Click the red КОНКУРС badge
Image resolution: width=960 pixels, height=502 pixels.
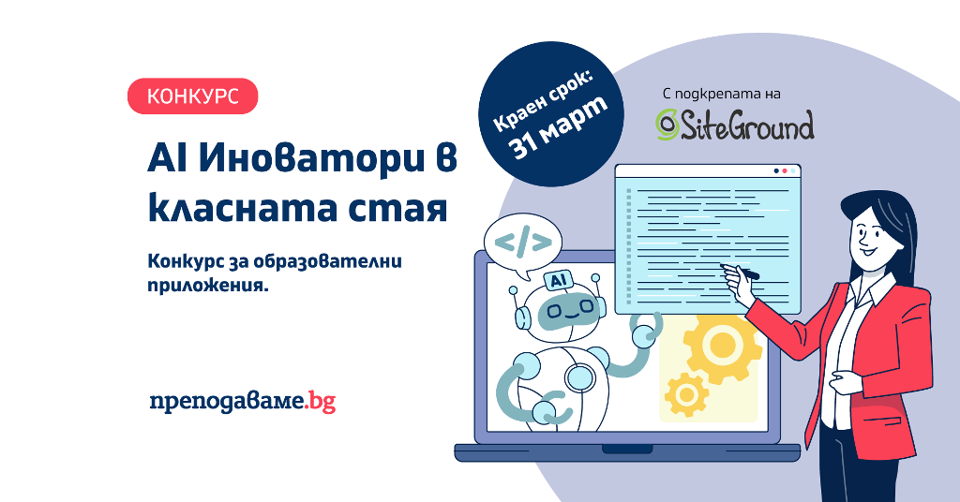192,96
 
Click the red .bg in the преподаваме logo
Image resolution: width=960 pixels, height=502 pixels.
321,402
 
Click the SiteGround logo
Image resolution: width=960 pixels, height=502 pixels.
735,125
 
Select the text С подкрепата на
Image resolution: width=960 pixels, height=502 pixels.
721,95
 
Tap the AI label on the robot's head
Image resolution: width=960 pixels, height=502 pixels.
558,280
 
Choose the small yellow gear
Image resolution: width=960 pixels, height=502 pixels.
686,394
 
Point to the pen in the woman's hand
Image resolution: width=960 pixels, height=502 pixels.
741,271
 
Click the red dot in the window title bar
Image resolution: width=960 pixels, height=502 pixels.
785,171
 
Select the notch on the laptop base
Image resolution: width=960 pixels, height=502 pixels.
626,449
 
